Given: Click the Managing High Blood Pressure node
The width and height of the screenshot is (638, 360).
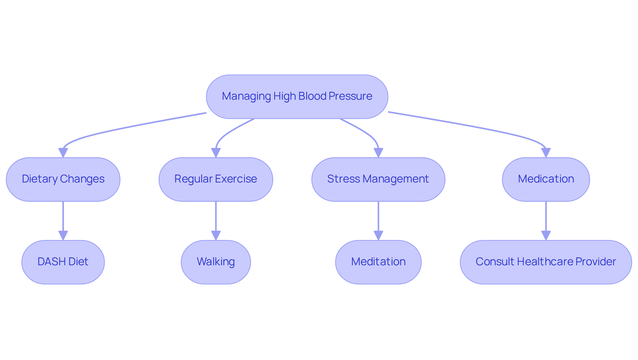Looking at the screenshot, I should click(297, 96).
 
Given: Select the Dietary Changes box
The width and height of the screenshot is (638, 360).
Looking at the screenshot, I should click(63, 179).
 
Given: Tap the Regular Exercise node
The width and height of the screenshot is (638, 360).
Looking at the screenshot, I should click(216, 179).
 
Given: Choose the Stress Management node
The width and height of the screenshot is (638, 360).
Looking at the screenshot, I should click(378, 179).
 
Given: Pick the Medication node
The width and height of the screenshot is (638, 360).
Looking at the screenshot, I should click(546, 179).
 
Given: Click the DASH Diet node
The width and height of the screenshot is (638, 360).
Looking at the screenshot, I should click(63, 262).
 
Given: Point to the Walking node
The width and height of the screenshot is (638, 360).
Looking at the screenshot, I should click(216, 262).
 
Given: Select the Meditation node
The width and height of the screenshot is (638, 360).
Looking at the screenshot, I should click(378, 262).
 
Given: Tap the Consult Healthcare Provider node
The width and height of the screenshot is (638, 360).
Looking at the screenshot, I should click(546, 262).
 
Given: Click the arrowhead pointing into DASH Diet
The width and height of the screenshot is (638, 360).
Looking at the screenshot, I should click(63, 235).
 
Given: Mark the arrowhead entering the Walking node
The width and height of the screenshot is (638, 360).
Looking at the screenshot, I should click(216, 235).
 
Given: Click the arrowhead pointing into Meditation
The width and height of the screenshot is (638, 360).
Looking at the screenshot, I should click(378, 235).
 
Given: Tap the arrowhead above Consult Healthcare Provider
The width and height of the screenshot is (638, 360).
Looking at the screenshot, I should click(546, 235).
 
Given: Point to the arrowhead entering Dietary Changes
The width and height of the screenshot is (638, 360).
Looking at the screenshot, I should click(63, 153).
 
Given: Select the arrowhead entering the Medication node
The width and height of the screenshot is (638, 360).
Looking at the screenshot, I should click(546, 153).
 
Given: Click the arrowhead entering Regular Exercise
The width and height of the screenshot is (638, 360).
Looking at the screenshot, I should click(216, 153).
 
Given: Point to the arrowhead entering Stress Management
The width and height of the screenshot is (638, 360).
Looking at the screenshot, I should click(378, 153).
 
